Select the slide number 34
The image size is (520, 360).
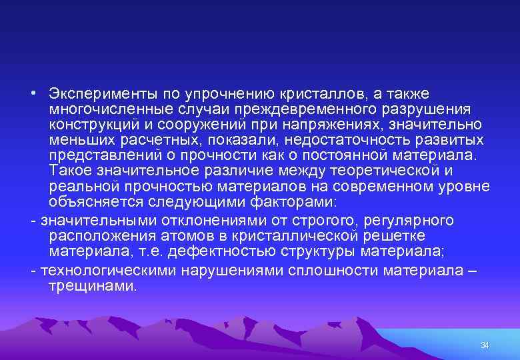(x=485, y=345)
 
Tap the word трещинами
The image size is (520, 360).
(x=92, y=287)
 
